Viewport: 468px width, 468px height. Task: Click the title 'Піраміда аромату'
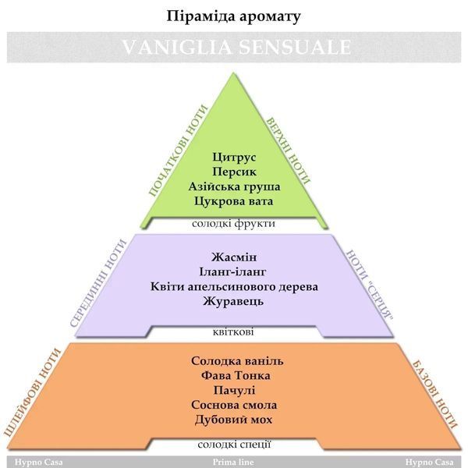click(x=233, y=16)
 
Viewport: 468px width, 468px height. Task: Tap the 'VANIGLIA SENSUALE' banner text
click(x=236, y=47)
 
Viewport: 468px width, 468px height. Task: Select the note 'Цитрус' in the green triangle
click(x=234, y=157)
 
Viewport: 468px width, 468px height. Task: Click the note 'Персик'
click(x=234, y=172)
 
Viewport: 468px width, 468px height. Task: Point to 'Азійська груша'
click(x=234, y=186)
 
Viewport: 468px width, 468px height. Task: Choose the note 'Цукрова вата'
click(x=234, y=201)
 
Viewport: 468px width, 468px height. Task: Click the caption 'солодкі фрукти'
click(x=233, y=223)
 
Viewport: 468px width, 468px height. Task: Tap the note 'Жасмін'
click(x=234, y=257)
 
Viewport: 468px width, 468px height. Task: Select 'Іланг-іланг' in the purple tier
click(x=232, y=272)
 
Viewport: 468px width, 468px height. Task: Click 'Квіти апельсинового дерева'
click(x=234, y=286)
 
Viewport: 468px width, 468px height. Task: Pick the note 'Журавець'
click(x=233, y=301)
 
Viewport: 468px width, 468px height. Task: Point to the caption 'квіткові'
click(x=233, y=332)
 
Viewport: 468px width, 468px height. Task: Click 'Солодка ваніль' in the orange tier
click(x=237, y=361)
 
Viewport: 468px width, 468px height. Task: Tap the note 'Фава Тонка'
click(x=236, y=375)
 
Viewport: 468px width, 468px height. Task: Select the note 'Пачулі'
click(x=234, y=390)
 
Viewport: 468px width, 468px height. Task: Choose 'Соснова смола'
click(x=234, y=405)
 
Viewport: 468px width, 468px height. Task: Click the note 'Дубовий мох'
click(x=234, y=420)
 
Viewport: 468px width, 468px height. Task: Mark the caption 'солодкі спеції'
click(x=234, y=444)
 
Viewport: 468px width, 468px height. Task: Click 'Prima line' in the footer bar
click(x=233, y=462)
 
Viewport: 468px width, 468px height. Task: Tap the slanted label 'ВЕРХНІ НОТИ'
click(x=288, y=150)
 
